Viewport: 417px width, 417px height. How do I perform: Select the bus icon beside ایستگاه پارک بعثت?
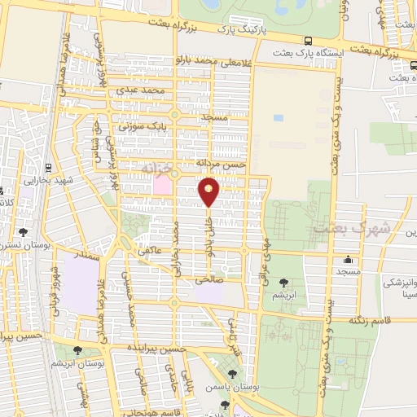[307, 40]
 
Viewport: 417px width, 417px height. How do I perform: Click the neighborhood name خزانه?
[158, 168]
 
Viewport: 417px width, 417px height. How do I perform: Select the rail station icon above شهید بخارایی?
[49, 168]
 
